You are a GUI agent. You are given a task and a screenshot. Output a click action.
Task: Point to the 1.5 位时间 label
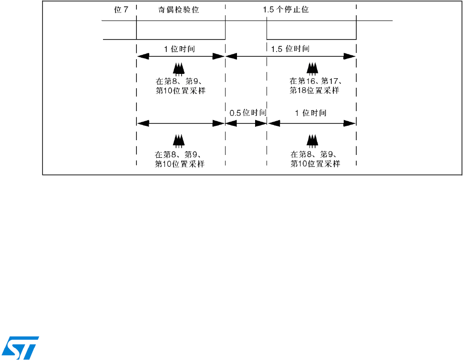point(290,49)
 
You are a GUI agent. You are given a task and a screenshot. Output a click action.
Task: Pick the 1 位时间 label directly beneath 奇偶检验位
point(179,49)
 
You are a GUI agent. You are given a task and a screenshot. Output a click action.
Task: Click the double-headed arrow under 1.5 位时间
point(290,56)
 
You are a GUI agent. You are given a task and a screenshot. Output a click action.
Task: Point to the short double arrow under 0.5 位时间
point(246,123)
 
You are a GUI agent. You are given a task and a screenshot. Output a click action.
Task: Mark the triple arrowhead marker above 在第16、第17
point(312,69)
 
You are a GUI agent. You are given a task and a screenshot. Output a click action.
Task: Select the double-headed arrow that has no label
point(180,123)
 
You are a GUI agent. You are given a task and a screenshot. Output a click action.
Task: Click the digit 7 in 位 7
point(126,9)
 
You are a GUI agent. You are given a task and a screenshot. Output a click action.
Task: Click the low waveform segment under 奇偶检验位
point(181,39)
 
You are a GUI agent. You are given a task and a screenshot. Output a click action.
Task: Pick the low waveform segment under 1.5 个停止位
point(311,39)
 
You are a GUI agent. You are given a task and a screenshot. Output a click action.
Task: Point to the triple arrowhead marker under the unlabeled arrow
point(179,140)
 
